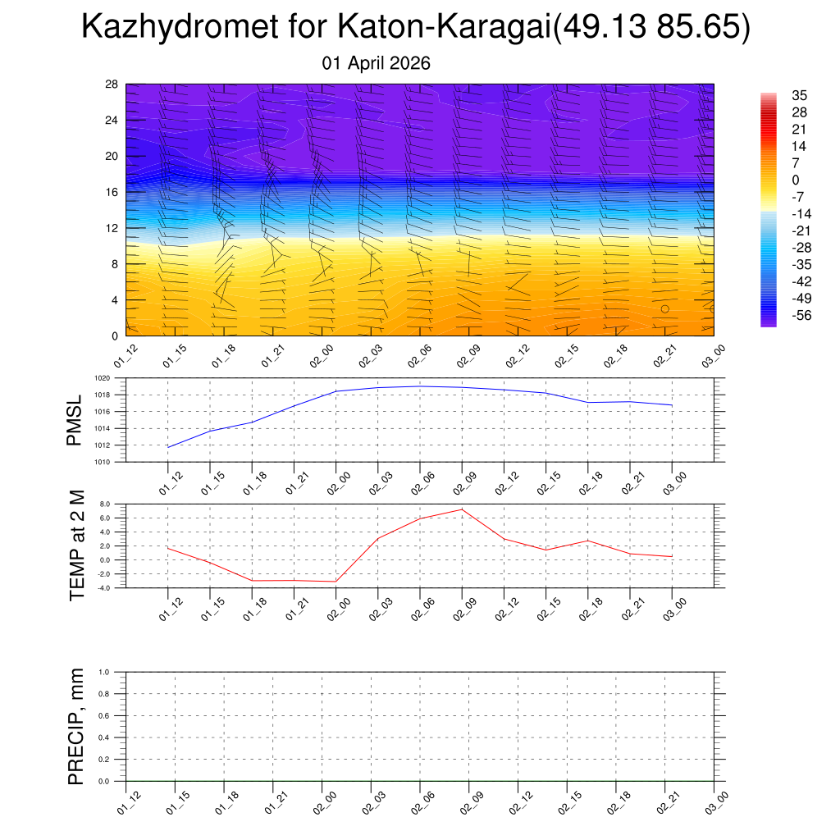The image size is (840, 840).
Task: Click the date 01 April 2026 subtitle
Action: [377, 63]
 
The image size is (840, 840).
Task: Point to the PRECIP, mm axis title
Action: [76, 725]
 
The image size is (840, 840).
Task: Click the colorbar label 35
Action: [799, 95]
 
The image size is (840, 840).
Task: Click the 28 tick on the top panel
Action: [112, 84]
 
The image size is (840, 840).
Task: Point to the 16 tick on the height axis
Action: [112, 192]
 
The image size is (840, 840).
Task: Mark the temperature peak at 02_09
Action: [462, 509]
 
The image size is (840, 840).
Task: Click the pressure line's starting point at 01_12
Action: [168, 447]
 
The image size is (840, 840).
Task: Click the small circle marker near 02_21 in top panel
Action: [664, 309]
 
